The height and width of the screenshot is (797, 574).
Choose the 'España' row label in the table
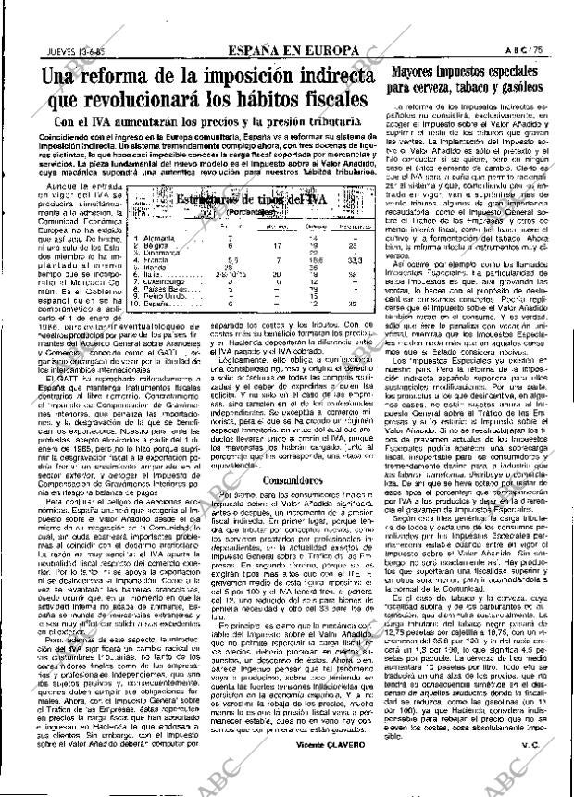[x=155, y=304]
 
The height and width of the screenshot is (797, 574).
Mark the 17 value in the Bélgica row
[x=276, y=245]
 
